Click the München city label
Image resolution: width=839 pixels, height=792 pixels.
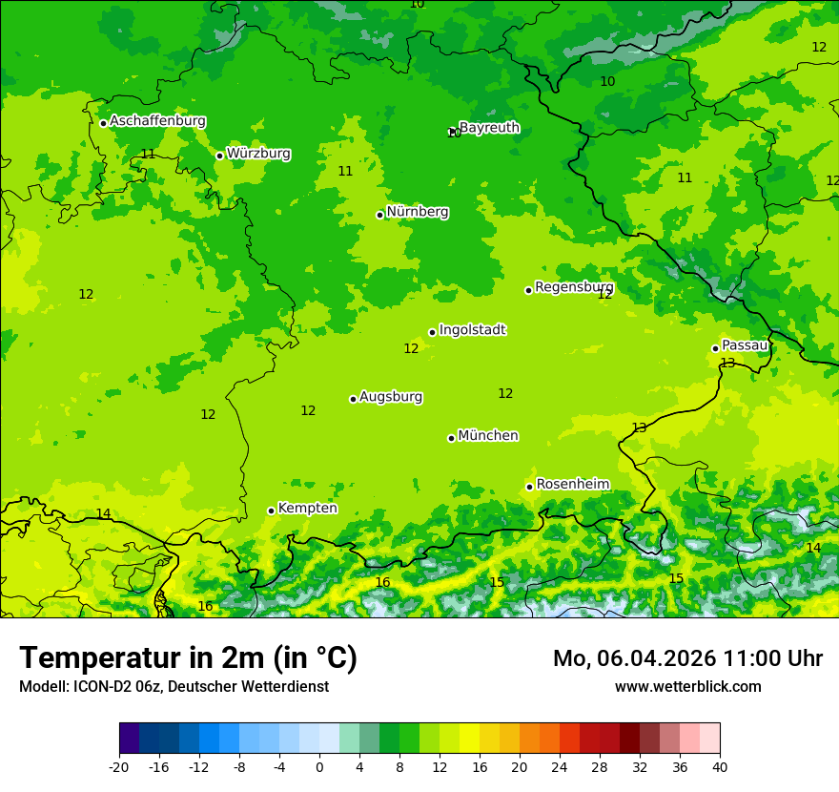(x=488, y=436)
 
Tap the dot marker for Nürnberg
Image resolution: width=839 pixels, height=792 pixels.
(x=379, y=215)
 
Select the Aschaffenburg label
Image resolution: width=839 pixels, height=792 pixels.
(x=157, y=121)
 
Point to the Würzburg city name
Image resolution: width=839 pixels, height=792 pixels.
(x=258, y=154)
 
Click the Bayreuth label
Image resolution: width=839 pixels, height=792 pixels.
(x=489, y=128)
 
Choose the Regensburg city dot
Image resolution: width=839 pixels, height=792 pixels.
(x=528, y=290)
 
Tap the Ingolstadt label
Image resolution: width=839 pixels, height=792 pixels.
(x=472, y=330)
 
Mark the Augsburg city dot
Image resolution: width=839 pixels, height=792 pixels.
(x=353, y=399)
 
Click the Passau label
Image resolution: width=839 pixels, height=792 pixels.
(x=745, y=345)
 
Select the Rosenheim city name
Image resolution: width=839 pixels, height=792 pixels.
(x=572, y=485)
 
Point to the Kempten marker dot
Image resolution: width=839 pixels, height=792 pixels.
(x=271, y=511)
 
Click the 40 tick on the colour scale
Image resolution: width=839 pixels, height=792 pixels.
(x=720, y=766)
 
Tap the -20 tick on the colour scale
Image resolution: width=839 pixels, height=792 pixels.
(x=119, y=766)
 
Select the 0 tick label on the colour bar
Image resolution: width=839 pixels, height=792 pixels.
(x=319, y=766)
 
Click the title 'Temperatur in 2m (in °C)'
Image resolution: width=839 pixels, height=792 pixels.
(x=188, y=658)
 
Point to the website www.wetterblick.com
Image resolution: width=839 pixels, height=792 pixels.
(x=687, y=686)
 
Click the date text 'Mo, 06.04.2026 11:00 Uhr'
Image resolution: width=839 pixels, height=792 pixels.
(x=687, y=658)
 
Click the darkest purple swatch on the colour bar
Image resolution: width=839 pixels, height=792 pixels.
(x=129, y=739)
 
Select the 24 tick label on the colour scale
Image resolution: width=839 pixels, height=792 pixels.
(x=560, y=766)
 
